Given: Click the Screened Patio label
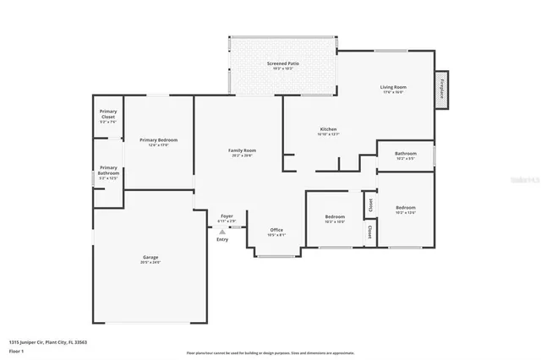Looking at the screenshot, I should click(282, 63).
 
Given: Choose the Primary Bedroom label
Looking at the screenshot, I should click(159, 140).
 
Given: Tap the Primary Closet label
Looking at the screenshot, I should click(108, 115).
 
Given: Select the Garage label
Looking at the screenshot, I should click(150, 257).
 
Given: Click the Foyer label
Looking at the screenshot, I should click(227, 216).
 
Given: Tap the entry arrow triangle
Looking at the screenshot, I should click(222, 230).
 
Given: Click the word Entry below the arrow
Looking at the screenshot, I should click(222, 239).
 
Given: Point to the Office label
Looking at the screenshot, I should click(276, 230).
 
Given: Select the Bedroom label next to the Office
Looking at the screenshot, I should click(336, 217).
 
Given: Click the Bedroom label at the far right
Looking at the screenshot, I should click(406, 207).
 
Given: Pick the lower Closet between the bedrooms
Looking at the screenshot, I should click(369, 231).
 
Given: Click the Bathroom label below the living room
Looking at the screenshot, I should click(406, 154).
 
